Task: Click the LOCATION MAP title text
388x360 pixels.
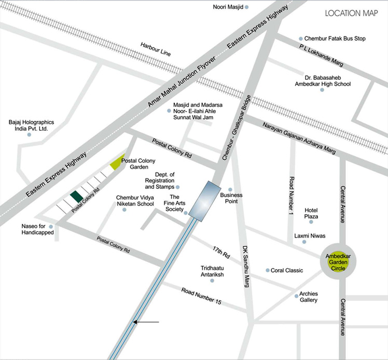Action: [x=351, y=13]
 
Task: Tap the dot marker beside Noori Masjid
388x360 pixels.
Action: [x=247, y=7]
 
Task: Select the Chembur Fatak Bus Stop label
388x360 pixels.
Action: [x=335, y=38]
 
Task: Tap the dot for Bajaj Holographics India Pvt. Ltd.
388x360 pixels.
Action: [x=29, y=135]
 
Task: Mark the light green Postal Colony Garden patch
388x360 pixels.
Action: [x=118, y=163]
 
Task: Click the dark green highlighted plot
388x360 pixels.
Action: [x=76, y=196]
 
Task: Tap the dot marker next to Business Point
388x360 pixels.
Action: [x=230, y=189]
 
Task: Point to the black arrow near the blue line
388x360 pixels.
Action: [x=146, y=322]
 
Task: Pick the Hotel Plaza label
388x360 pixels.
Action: [x=311, y=213]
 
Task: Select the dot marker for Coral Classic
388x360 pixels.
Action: [x=268, y=270]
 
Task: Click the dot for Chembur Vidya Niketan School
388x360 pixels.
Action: [x=124, y=210]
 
